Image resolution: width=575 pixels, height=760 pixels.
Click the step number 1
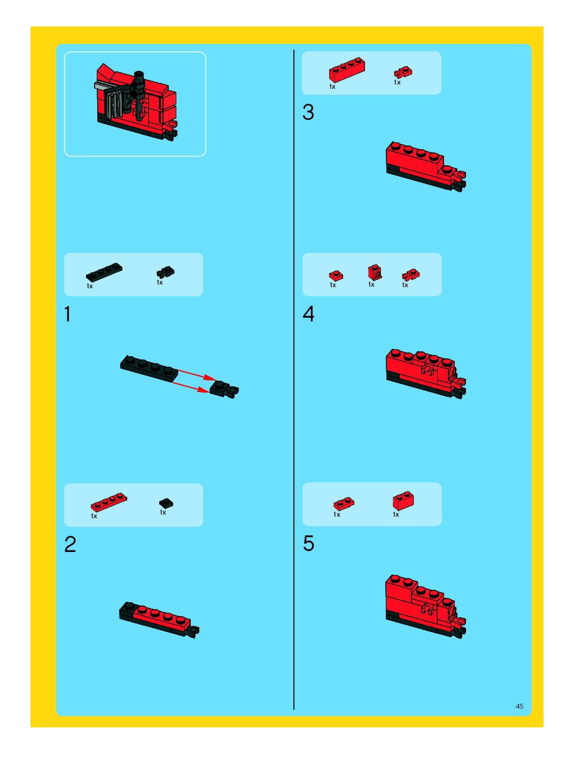pyautogui.click(x=68, y=314)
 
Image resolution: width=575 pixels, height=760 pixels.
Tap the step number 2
pyautogui.click(x=70, y=544)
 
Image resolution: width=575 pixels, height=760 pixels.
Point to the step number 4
pyautogui.click(x=308, y=314)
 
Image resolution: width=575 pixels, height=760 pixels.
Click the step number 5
pyautogui.click(x=308, y=544)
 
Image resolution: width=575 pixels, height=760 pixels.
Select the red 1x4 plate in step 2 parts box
pyautogui.click(x=109, y=502)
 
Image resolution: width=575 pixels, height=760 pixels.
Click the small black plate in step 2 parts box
pyautogui.click(x=166, y=503)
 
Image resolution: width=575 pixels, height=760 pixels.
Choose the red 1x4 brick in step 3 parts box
pyautogui.click(x=347, y=70)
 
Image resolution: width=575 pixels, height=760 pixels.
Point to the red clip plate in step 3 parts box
pyautogui.click(x=403, y=72)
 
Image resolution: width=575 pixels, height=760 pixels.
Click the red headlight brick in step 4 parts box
pyautogui.click(x=375, y=273)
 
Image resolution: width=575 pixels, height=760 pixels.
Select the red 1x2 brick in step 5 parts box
pyautogui.click(x=403, y=501)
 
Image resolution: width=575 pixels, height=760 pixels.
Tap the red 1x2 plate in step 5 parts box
pyautogui.click(x=344, y=504)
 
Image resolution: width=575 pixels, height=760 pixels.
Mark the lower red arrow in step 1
pyautogui.click(x=190, y=386)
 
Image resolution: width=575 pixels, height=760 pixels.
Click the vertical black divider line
pyautogui.click(x=294, y=380)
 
